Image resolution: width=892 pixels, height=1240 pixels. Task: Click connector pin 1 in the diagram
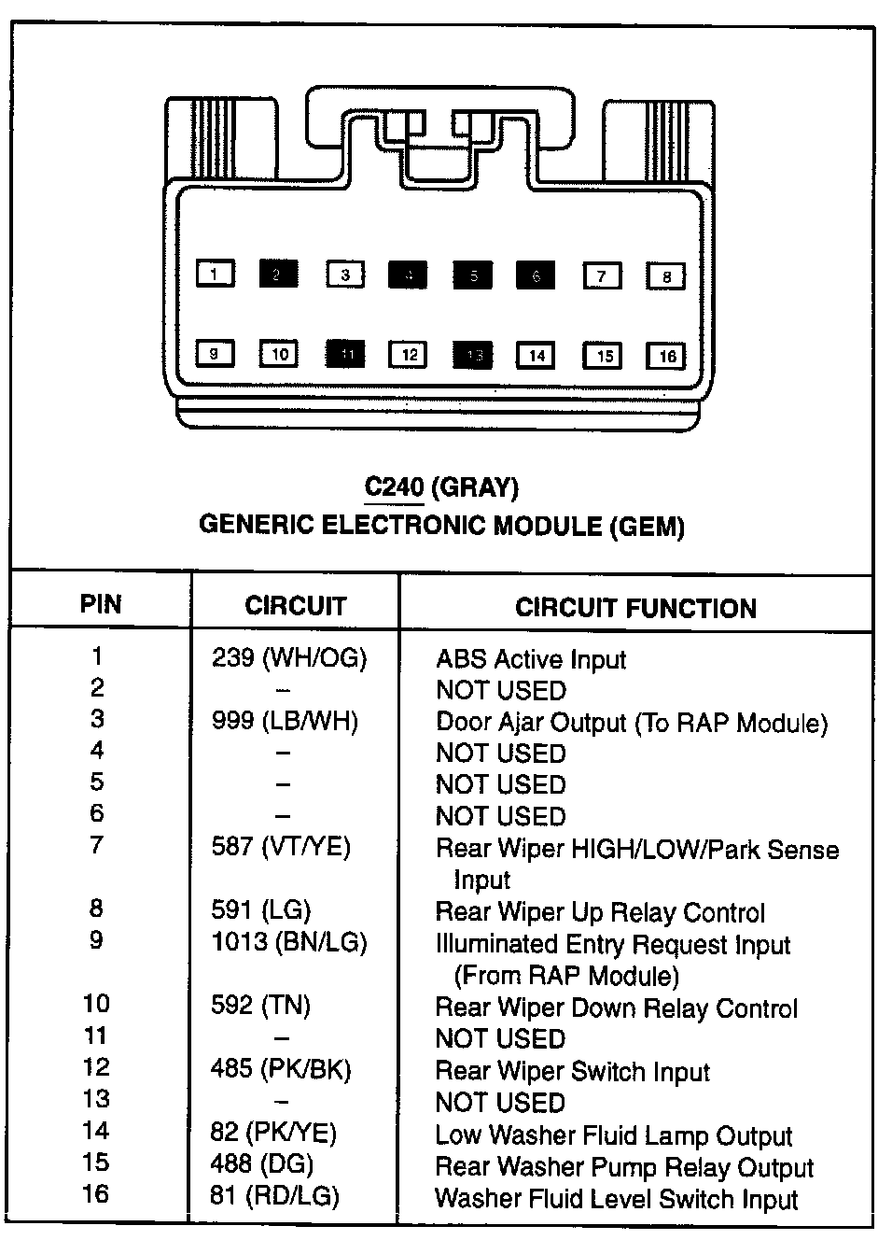click(x=215, y=275)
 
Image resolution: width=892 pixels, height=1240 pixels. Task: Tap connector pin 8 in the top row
click(x=666, y=276)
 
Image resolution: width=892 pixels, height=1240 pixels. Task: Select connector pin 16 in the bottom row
click(x=666, y=356)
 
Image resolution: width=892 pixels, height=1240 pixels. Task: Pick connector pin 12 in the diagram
click(x=409, y=355)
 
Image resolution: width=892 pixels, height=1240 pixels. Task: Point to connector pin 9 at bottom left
click(x=215, y=354)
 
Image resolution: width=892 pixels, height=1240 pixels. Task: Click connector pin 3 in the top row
click(x=345, y=275)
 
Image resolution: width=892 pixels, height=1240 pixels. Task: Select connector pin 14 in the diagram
click(x=537, y=356)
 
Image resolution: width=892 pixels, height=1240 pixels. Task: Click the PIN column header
click(x=101, y=604)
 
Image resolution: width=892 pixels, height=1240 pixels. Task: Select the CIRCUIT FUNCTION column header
click(x=635, y=608)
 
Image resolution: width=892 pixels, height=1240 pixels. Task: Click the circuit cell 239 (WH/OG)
click(x=289, y=658)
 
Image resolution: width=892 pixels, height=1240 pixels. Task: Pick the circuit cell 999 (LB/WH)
click(x=285, y=721)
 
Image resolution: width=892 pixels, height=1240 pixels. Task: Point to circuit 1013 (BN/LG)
click(x=289, y=942)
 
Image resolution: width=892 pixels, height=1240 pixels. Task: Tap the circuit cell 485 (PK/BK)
click(x=281, y=1069)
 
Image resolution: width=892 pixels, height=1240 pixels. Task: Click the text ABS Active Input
click(x=530, y=659)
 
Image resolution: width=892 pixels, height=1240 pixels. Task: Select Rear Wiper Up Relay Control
click(x=600, y=912)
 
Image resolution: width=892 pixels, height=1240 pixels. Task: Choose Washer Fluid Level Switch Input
click(x=616, y=1199)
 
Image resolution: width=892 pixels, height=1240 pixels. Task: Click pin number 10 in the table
click(x=96, y=1005)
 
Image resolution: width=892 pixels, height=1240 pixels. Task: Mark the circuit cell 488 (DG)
click(x=262, y=1164)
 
